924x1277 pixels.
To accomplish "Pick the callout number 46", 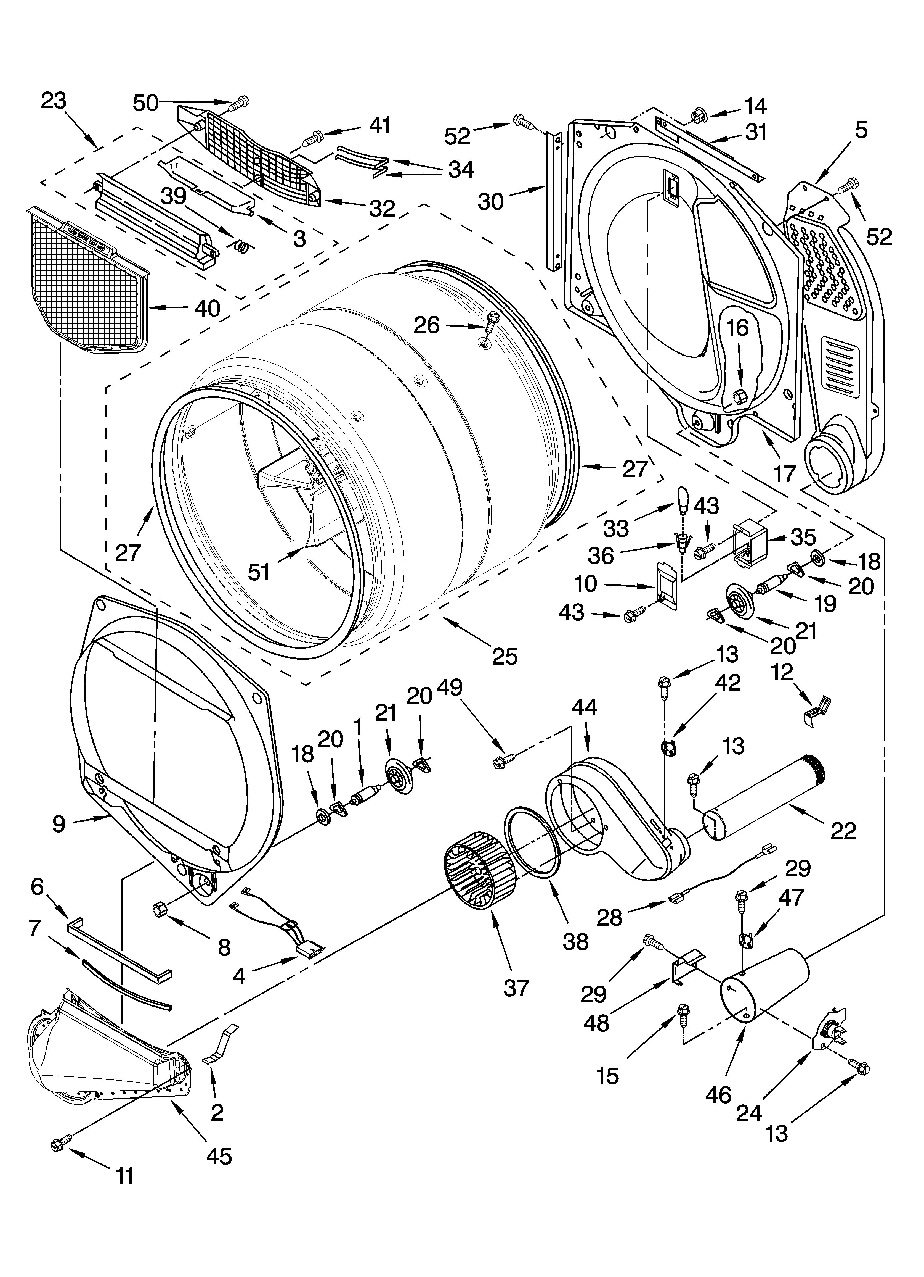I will pos(719,1094).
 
